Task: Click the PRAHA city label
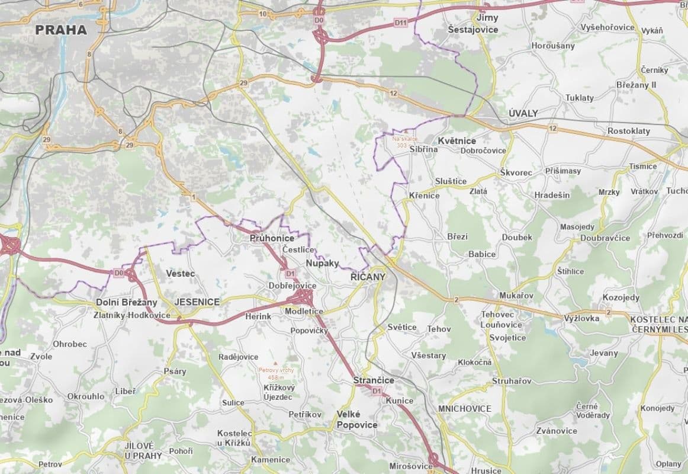61,30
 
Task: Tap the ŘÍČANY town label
368,277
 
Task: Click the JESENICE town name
197,302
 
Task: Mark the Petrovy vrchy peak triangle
275,363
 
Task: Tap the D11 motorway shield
401,23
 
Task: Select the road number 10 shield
262,14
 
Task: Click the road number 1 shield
193,196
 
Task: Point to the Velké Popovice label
356,419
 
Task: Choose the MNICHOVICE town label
465,409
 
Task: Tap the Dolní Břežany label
127,302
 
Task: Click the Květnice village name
456,140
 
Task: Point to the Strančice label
373,380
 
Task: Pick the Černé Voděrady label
593,411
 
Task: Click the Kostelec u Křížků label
234,438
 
